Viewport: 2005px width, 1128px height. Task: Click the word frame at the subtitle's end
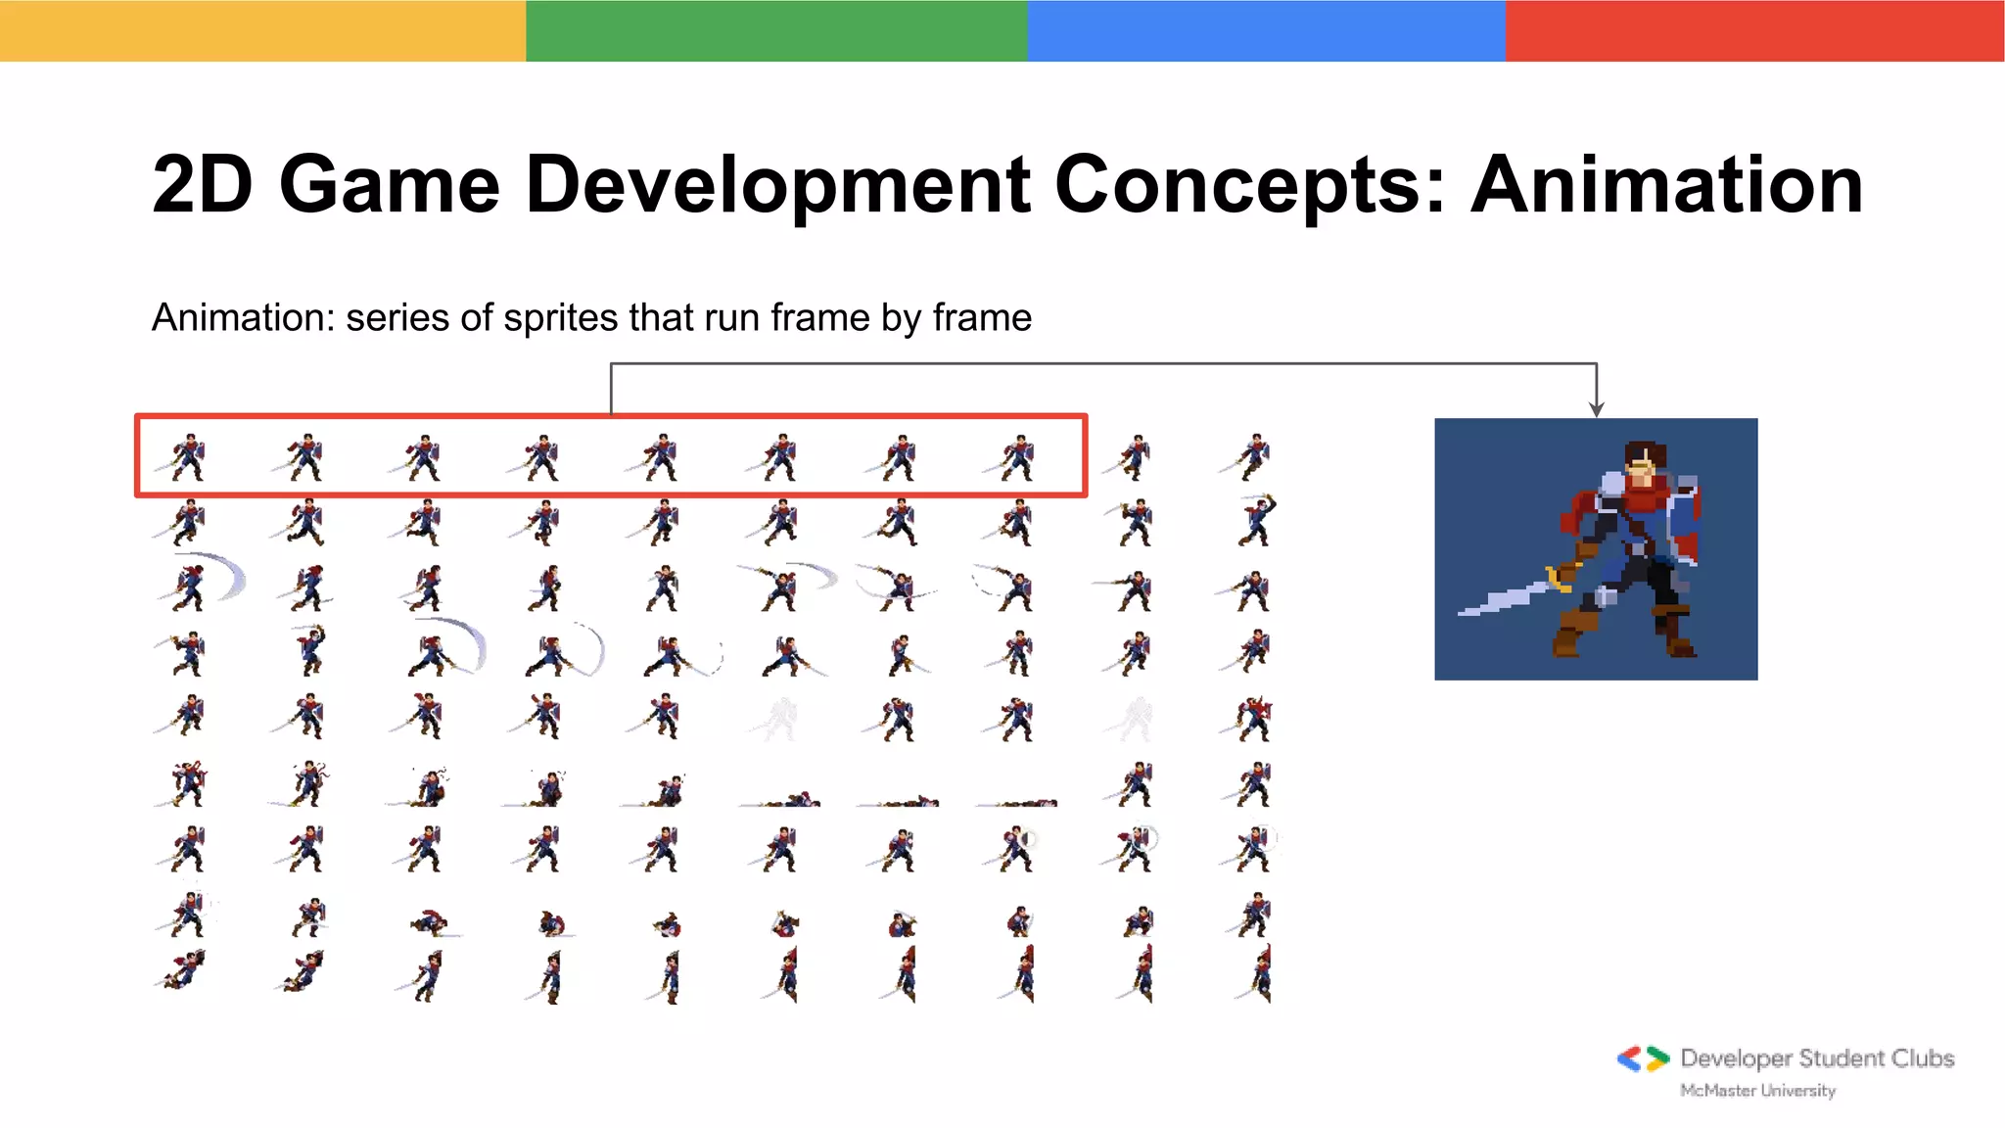tap(982, 318)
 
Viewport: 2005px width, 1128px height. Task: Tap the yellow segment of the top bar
tap(262, 30)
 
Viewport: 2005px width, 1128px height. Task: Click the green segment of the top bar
tap(776, 30)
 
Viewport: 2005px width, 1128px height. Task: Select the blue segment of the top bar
tap(1266, 30)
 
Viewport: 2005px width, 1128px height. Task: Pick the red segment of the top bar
tap(1754, 30)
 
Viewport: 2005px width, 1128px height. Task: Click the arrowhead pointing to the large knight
tap(1597, 408)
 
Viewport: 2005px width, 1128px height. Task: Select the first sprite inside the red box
tap(186, 457)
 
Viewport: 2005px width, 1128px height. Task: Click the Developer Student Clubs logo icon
tap(1643, 1058)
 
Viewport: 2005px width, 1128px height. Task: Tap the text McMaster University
tap(1757, 1090)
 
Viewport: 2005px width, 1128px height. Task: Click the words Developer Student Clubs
tap(1817, 1058)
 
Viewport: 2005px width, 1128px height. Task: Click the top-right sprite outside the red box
tap(1252, 457)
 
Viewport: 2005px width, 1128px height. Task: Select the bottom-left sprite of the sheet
tap(184, 971)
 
